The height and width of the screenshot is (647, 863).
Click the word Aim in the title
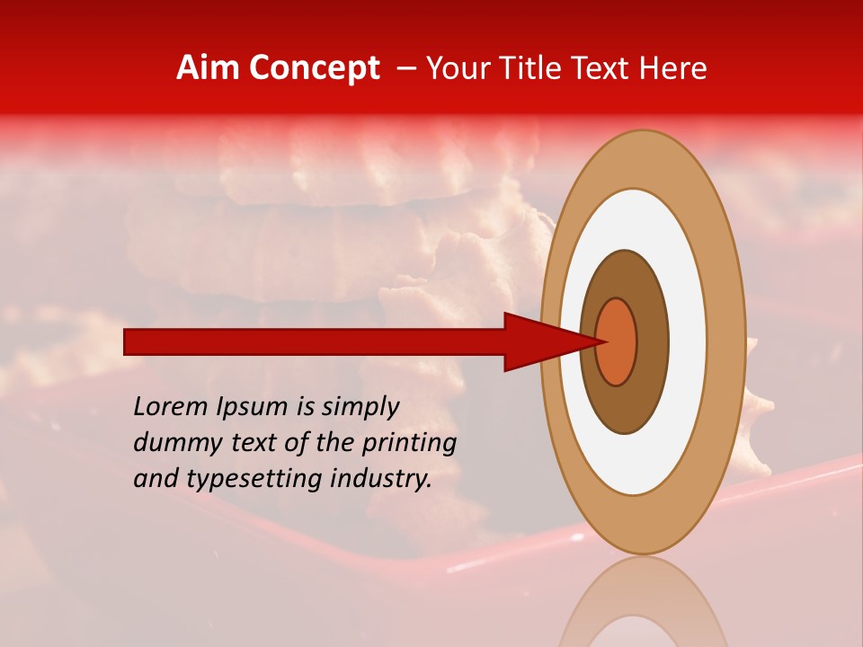click(x=209, y=68)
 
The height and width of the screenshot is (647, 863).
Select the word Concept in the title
click(x=314, y=68)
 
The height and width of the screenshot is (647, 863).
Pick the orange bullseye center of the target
click(x=617, y=342)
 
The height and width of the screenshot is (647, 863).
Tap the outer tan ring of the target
click(x=725, y=342)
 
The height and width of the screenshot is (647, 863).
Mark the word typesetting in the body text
click(x=237, y=480)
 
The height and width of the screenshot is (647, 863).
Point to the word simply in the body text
click(x=359, y=408)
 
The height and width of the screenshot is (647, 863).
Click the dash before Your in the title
click(x=405, y=68)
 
